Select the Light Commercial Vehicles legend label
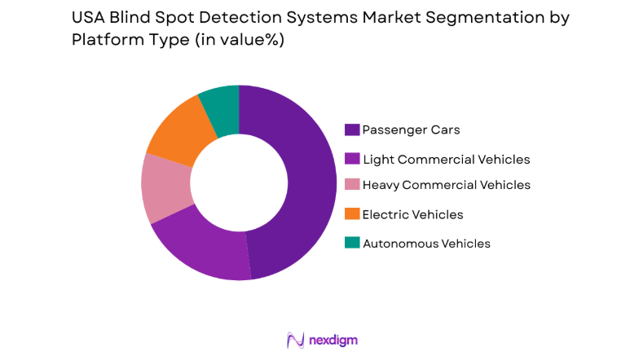point(446,159)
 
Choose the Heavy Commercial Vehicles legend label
point(446,185)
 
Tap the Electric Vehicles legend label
point(412,214)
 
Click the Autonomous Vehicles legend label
point(426,243)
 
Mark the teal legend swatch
point(352,243)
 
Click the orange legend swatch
point(352,214)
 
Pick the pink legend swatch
point(352,185)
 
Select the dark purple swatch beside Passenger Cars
point(352,130)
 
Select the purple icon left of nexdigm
point(295,340)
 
